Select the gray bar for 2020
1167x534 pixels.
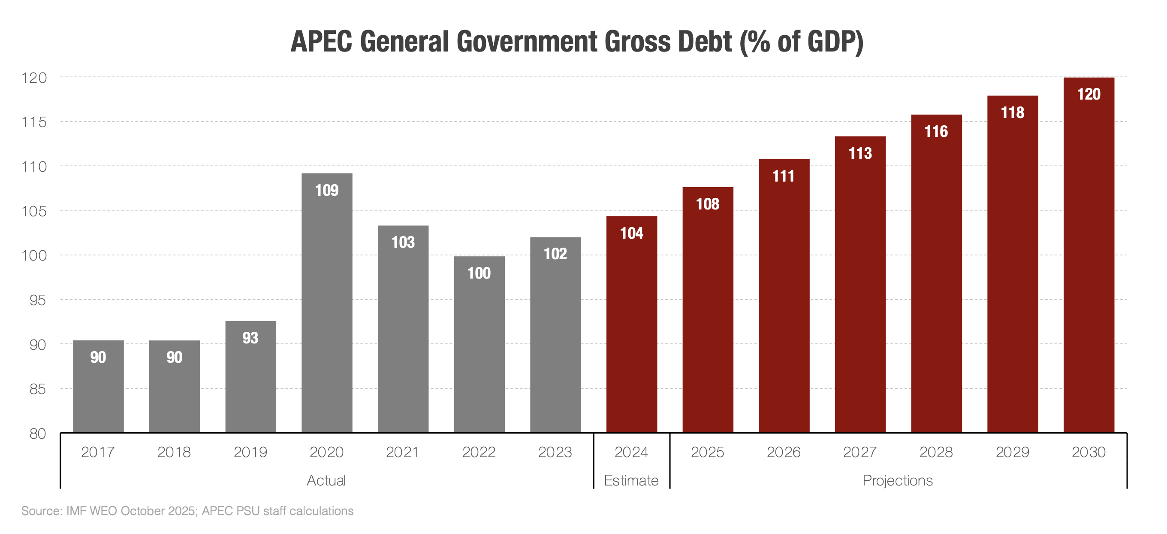point(327,308)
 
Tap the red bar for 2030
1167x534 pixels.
point(1088,263)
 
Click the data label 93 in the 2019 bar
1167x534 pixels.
point(250,338)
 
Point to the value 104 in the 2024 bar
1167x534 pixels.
point(631,233)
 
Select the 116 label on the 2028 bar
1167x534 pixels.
point(936,131)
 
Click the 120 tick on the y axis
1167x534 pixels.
point(34,78)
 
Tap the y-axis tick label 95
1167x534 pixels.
point(38,300)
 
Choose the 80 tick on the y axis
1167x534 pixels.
point(38,434)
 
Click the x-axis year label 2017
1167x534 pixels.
point(98,452)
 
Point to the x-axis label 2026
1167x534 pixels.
point(783,452)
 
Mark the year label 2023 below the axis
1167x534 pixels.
point(555,452)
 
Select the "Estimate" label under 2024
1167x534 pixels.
point(631,480)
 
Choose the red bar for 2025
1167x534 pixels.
point(708,317)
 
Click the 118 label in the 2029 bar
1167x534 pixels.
point(1012,112)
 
